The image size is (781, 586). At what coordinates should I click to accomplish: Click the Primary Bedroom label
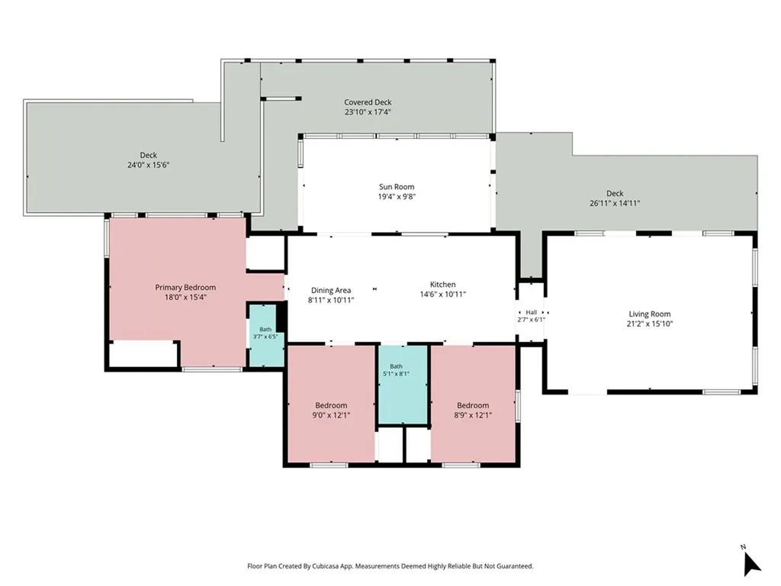click(185, 288)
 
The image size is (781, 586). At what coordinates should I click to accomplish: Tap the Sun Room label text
click(397, 187)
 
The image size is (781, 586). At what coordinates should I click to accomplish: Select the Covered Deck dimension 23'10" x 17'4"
click(368, 112)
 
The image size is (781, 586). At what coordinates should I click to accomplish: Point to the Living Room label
click(650, 314)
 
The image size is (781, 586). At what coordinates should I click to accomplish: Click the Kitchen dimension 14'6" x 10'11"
click(443, 294)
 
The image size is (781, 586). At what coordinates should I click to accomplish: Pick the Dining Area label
click(331, 291)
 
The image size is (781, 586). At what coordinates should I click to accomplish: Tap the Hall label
click(531, 312)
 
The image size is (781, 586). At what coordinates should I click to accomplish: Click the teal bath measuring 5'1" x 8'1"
click(403, 385)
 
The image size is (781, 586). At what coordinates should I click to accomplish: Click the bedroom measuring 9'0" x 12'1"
click(331, 404)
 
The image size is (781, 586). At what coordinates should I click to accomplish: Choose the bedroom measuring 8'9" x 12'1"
click(473, 404)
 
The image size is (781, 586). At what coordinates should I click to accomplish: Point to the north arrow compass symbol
click(751, 564)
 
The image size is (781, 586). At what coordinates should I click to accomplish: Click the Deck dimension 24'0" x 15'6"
click(149, 165)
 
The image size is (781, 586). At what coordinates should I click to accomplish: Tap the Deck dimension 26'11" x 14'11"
click(615, 203)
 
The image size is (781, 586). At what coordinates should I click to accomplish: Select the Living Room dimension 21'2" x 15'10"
click(650, 324)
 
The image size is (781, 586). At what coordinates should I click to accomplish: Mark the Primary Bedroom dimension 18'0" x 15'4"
click(185, 298)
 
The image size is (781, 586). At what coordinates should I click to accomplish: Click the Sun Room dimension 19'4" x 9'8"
click(397, 197)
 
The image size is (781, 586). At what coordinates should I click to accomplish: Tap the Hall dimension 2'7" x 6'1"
click(531, 320)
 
